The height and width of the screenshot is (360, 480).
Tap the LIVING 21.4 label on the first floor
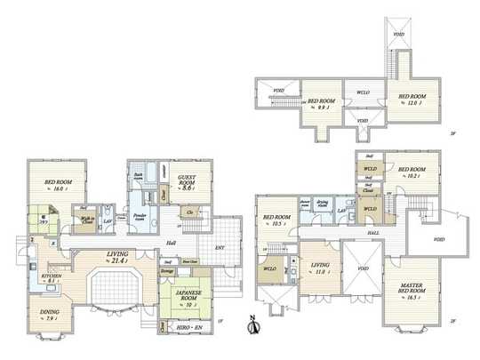pyautogui.click(x=117, y=257)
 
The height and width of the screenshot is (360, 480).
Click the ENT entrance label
pyautogui.click(x=220, y=248)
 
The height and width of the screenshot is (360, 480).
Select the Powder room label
pyautogui.click(x=140, y=216)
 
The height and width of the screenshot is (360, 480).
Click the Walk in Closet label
pyautogui.click(x=87, y=220)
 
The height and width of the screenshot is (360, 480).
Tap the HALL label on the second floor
pyautogui.click(x=373, y=234)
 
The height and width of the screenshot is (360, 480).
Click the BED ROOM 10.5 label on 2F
pyautogui.click(x=274, y=221)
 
